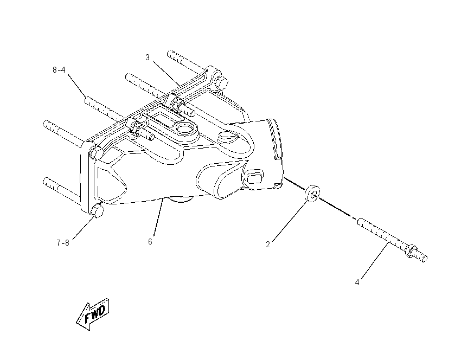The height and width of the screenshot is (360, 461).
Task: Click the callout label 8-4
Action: coord(59,70)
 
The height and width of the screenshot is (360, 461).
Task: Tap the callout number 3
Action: coord(148,57)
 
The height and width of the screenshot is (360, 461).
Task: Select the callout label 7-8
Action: coord(63,243)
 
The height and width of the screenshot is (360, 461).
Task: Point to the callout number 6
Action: coord(150,242)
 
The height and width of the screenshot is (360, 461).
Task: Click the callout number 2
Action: coord(268,245)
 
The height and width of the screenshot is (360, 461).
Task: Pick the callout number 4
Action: coord(357,282)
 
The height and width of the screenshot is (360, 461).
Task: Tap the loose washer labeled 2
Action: coord(312,194)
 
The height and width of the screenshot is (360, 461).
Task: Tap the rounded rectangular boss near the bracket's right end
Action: coord(254,176)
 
